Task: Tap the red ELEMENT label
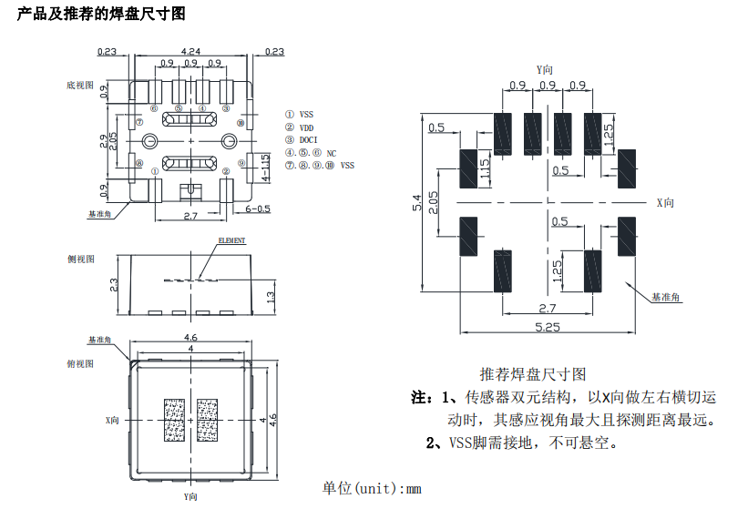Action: (231, 240)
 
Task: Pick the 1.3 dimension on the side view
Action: (271, 297)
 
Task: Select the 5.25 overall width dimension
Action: (547, 327)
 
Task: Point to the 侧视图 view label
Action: (81, 259)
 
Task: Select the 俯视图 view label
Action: (81, 363)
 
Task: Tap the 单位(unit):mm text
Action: (372, 488)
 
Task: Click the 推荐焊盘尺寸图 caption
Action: (533, 374)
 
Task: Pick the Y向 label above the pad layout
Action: (546, 69)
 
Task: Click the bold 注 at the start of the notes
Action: (420, 398)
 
